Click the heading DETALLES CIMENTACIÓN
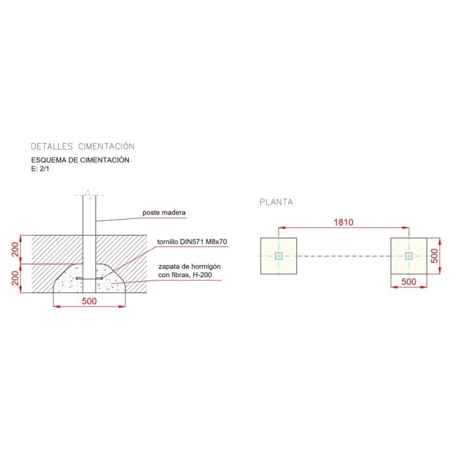click(83, 146)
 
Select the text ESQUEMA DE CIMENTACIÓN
click(80, 160)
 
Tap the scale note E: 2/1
click(40, 168)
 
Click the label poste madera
click(164, 212)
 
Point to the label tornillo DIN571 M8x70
click(192, 241)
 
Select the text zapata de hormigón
click(190, 267)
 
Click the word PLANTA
click(277, 202)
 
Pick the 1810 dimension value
click(343, 222)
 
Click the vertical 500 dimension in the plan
click(435, 256)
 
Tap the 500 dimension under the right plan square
click(409, 282)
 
